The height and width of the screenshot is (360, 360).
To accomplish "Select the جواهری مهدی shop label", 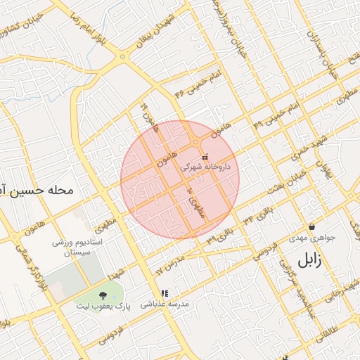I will coord(312,238).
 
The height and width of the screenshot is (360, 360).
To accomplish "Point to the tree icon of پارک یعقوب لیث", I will coord(104,296).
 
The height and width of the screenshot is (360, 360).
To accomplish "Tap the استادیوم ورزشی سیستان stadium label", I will coord(77,247).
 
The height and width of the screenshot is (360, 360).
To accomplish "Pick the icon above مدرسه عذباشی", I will coord(165,294).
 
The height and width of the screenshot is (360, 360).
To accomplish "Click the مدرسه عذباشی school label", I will coord(165,304).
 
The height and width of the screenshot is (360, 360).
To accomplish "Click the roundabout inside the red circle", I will coord(195,143).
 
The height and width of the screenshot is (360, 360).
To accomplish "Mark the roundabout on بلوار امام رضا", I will coord(122,56).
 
